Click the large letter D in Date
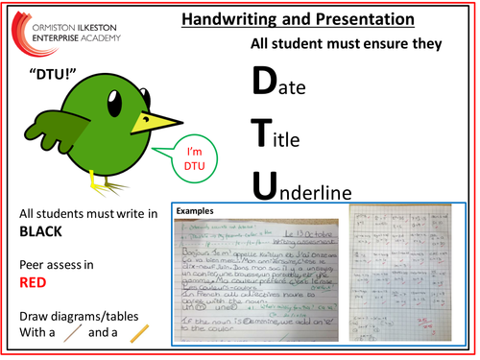coord(264,83)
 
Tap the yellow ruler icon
coord(139,335)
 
